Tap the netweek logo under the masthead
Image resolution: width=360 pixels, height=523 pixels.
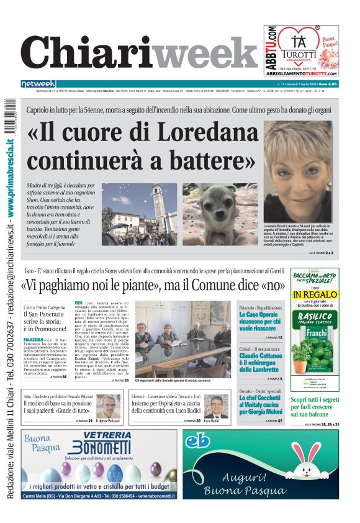click(38, 83)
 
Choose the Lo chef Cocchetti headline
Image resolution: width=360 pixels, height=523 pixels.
click(262, 407)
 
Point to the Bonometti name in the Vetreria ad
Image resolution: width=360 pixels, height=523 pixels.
click(99, 450)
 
